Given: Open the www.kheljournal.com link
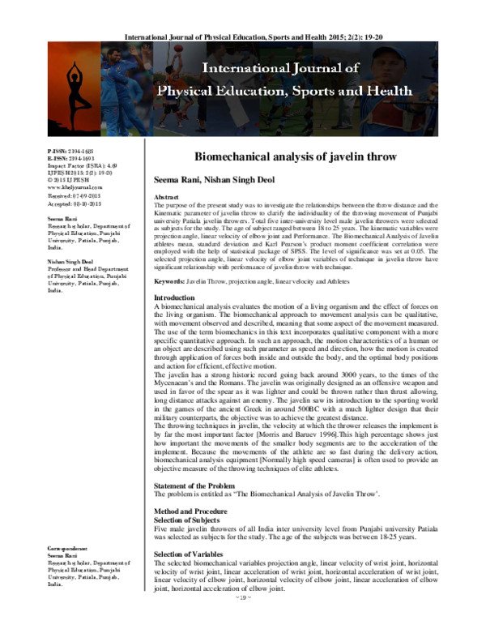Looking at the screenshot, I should [75, 186].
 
